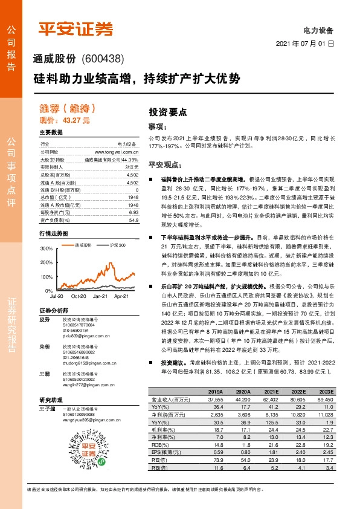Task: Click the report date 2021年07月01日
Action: (305, 44)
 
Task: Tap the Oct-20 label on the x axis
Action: (79, 280)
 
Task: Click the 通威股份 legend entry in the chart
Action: (83, 245)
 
